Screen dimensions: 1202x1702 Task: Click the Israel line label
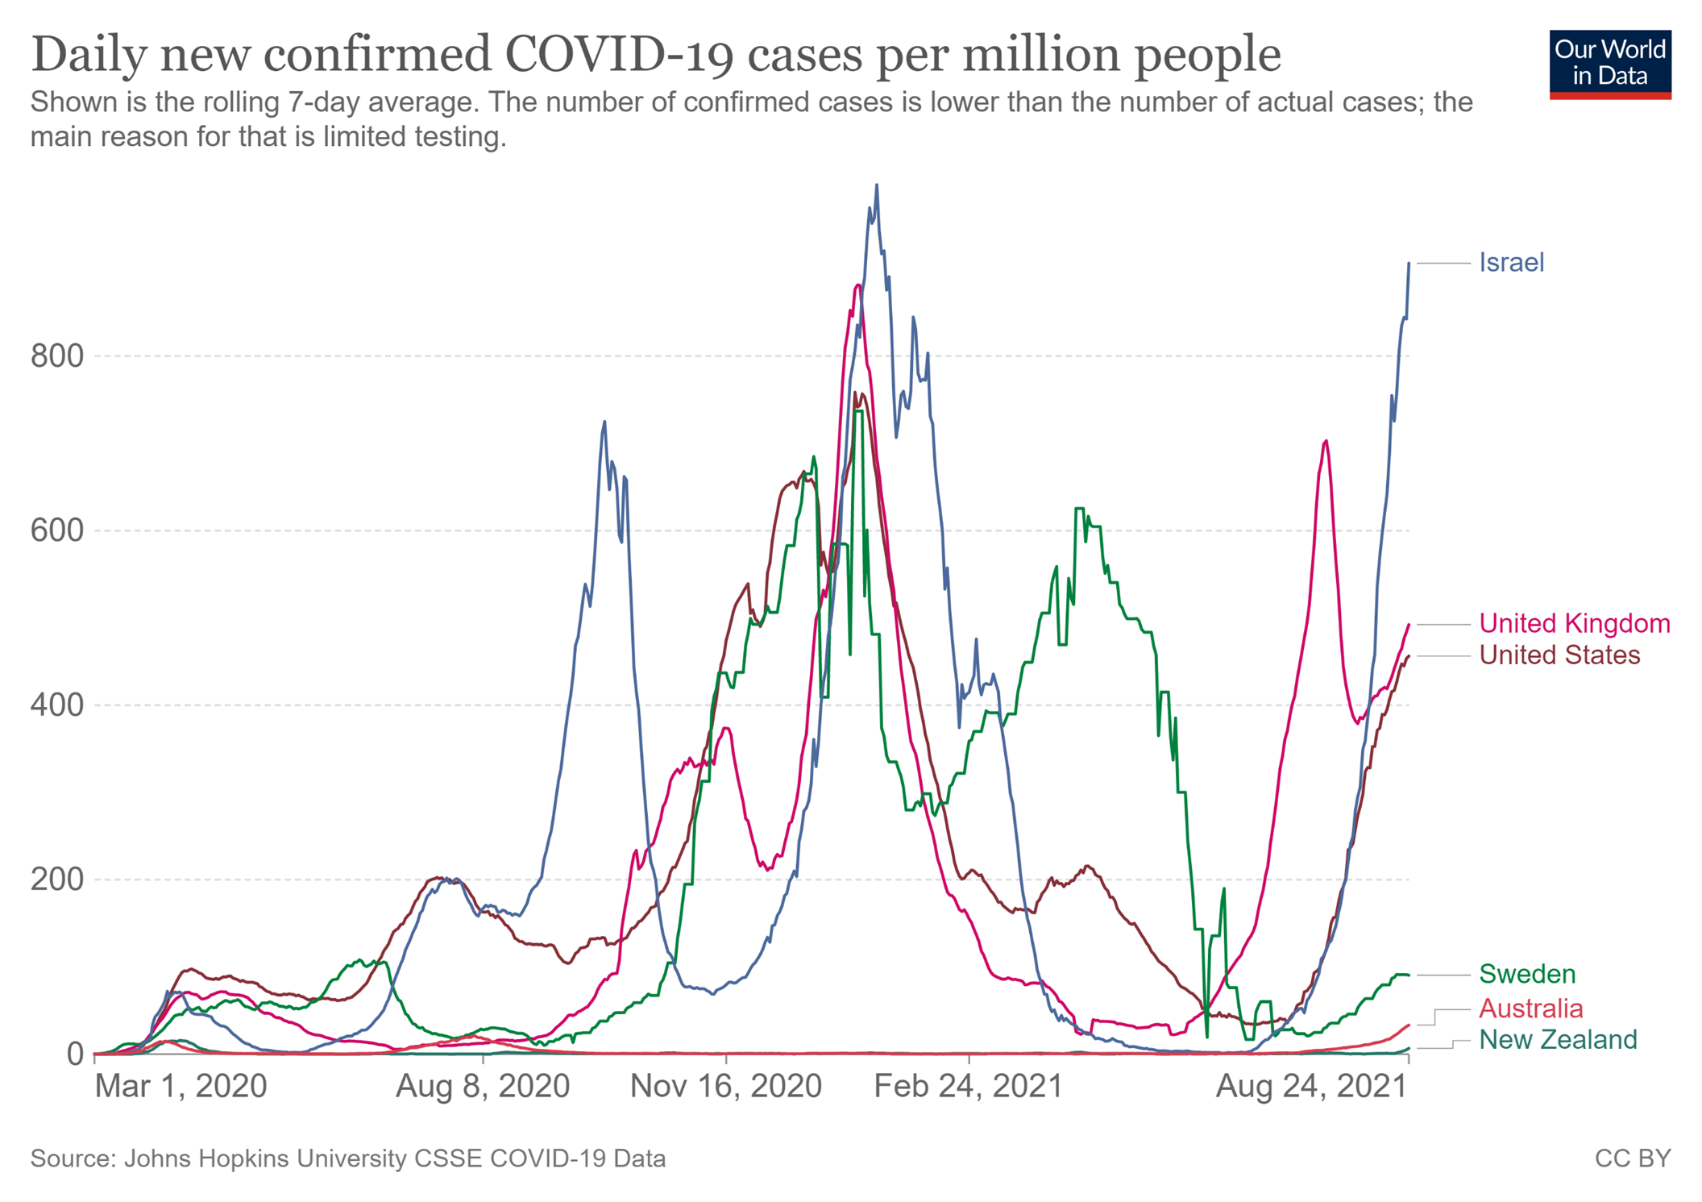tap(1511, 263)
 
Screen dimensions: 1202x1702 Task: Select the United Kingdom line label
tap(1574, 623)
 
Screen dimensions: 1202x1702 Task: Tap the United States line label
tap(1559, 655)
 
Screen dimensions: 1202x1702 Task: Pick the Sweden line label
tap(1526, 974)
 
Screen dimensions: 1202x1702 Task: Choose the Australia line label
tap(1530, 1009)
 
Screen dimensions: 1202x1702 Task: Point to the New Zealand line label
tap(1557, 1040)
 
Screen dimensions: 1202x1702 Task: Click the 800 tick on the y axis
tap(57, 356)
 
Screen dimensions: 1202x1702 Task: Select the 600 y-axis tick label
tap(57, 530)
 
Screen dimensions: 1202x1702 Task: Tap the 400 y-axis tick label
tap(57, 705)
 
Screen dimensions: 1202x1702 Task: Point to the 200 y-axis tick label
tap(57, 880)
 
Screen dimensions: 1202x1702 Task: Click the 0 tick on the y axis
tap(75, 1054)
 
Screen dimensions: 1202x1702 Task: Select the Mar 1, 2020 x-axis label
tap(181, 1087)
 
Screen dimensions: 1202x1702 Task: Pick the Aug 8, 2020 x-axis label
tap(483, 1087)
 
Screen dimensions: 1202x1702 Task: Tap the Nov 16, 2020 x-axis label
tap(725, 1087)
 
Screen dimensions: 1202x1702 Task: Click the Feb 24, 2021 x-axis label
tap(969, 1087)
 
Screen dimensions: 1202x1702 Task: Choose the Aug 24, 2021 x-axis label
tap(1311, 1087)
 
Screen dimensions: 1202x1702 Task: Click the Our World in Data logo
tap(1609, 64)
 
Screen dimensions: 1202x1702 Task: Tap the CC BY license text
tap(1632, 1158)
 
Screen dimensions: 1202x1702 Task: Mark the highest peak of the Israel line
tap(877, 185)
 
